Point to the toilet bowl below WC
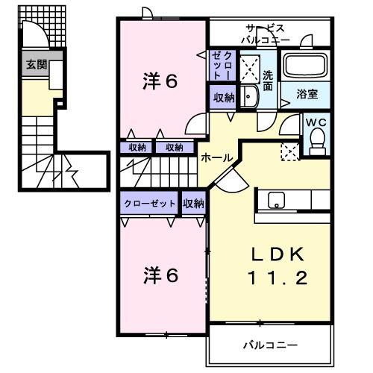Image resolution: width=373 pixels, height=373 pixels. [316, 140]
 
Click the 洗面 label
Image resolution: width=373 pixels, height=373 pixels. [269, 80]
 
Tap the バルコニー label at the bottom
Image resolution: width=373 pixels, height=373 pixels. [270, 345]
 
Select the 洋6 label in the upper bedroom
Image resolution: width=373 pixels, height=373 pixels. [160, 81]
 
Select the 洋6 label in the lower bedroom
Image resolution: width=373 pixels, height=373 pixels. [160, 275]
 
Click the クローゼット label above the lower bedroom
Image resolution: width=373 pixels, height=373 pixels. [149, 204]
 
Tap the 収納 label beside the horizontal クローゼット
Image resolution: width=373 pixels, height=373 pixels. [193, 204]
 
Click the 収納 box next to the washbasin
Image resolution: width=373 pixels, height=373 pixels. [223, 97]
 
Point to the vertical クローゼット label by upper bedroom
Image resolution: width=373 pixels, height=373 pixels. [222, 64]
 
